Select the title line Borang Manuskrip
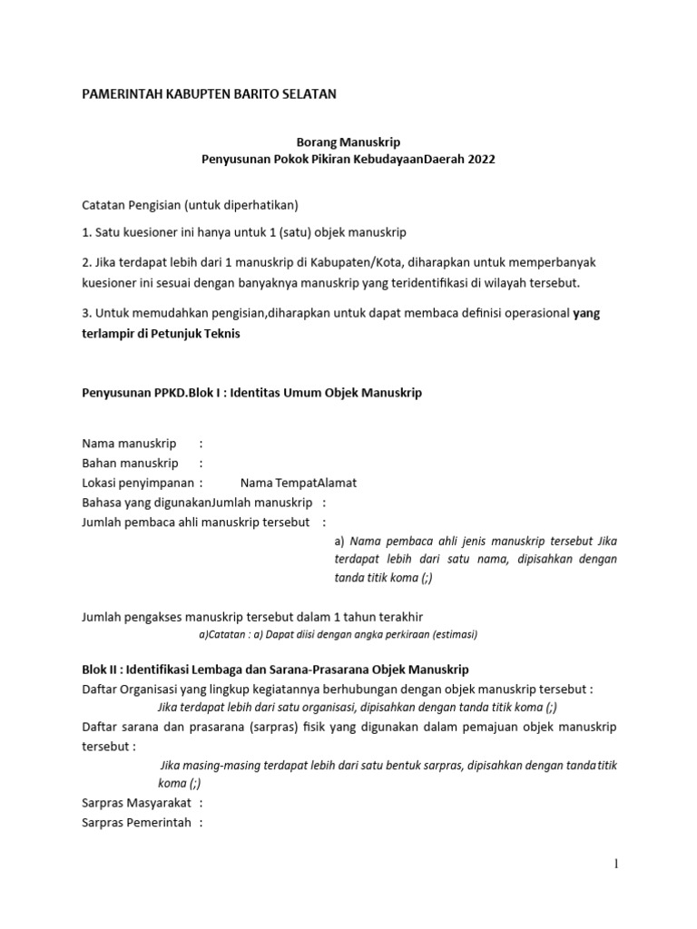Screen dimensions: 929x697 coord(349,142)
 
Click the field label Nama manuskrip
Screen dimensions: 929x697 coord(129,444)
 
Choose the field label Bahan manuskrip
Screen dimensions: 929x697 coord(130,463)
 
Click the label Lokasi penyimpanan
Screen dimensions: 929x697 coord(138,483)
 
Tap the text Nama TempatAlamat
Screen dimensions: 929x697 coord(299,483)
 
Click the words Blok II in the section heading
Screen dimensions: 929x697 coord(102,670)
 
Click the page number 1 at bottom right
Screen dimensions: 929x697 coord(616,865)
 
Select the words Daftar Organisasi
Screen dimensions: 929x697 coord(133,689)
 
